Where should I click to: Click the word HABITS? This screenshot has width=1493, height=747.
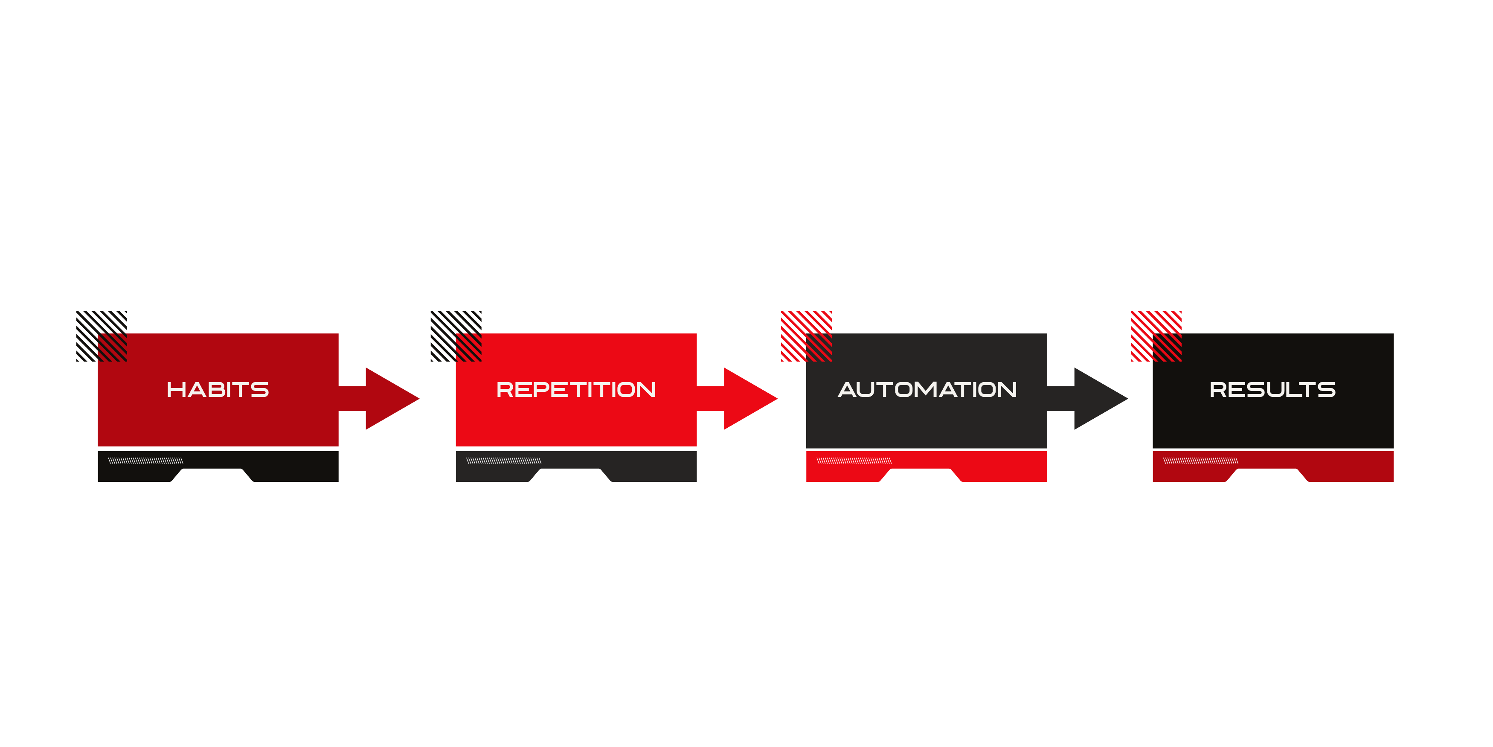point(218,390)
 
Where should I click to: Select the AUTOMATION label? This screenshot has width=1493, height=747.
point(927,390)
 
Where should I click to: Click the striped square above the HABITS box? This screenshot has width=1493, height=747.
point(102,336)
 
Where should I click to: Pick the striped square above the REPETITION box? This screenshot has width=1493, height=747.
point(456,336)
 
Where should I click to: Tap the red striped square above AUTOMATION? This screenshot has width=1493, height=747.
point(806,336)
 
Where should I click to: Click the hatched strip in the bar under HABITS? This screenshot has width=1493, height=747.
point(145,461)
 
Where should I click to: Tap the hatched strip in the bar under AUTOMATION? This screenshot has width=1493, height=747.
point(854,461)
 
